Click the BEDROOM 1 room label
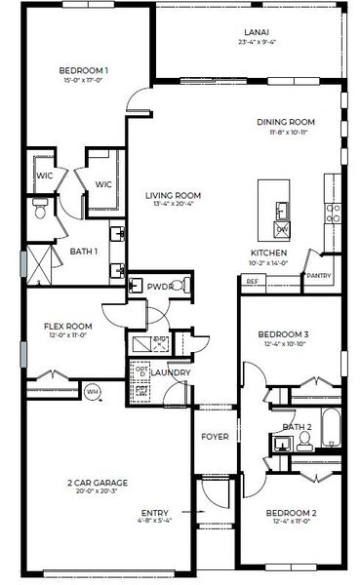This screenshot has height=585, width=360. click(84, 70)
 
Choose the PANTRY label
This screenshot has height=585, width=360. click(318, 276)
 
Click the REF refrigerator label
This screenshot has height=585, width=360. click(252, 282)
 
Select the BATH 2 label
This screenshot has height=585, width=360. click(296, 427)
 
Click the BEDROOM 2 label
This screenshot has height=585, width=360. click(286, 513)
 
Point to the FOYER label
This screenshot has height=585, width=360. click(215, 436)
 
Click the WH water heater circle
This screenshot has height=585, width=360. click(93, 392)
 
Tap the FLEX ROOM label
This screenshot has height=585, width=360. click(68, 327)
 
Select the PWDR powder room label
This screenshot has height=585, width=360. click(159, 288)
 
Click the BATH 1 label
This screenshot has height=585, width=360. click(84, 251)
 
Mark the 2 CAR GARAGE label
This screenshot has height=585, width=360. click(98, 483)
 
